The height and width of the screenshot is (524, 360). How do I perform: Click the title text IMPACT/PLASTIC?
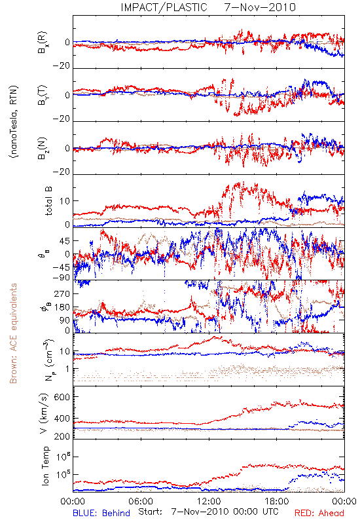point(164,7)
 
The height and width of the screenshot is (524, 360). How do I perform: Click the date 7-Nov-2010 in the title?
point(260,7)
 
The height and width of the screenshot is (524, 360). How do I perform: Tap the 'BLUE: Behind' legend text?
point(101,513)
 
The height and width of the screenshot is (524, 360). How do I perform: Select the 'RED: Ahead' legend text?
point(319,513)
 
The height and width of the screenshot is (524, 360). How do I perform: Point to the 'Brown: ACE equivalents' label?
point(13,333)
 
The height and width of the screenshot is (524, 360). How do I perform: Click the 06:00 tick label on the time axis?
point(141,501)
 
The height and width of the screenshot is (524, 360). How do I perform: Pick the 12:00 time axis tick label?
point(209,501)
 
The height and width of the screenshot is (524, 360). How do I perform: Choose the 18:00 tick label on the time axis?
point(277,501)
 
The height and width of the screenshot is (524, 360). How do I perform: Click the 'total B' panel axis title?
point(48,201)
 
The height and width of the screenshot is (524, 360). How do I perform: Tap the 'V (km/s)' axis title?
point(44,413)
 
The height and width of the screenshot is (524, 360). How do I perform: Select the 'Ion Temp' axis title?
point(45,466)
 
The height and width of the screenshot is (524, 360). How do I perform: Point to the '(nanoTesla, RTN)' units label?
point(14,122)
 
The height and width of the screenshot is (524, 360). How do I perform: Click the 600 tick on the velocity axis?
point(62,397)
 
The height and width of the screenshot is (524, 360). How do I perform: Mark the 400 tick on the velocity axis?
point(62,419)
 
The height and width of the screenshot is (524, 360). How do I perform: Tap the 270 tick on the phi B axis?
point(62,293)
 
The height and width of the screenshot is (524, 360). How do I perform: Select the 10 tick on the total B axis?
point(65,201)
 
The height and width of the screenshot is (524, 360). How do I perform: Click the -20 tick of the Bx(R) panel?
point(62,66)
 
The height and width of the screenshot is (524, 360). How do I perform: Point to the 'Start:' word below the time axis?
point(151,512)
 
